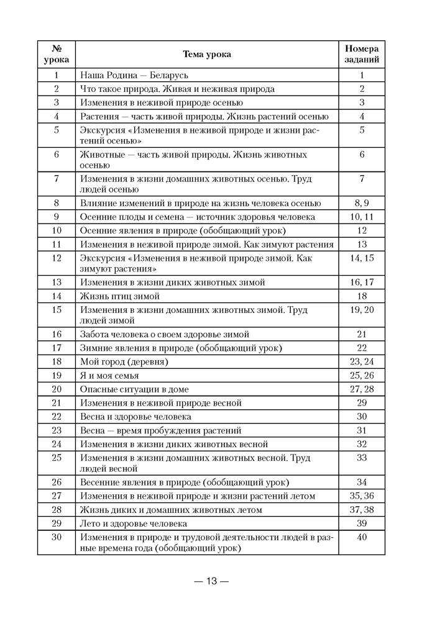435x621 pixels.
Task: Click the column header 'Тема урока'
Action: [x=207, y=55]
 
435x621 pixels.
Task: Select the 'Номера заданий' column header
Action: [x=362, y=55]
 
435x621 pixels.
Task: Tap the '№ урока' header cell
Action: [x=56, y=55]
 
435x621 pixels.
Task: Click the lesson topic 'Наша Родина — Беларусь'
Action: [x=134, y=75]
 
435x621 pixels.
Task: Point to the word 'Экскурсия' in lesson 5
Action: [x=101, y=130]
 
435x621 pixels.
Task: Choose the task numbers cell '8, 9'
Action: [x=362, y=203]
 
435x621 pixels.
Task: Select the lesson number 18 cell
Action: [x=56, y=361]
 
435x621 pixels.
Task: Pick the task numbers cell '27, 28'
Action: [x=362, y=389]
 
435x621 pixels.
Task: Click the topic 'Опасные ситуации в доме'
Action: [x=134, y=389]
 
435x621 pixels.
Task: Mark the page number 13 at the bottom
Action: [x=211, y=582]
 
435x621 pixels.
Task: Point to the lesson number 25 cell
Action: [x=56, y=458]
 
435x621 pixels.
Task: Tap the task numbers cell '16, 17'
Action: [x=362, y=282]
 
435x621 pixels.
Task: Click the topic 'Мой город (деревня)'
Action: [x=124, y=361]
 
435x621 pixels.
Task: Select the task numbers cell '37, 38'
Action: [x=362, y=510]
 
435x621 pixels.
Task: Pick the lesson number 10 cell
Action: [x=56, y=230]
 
